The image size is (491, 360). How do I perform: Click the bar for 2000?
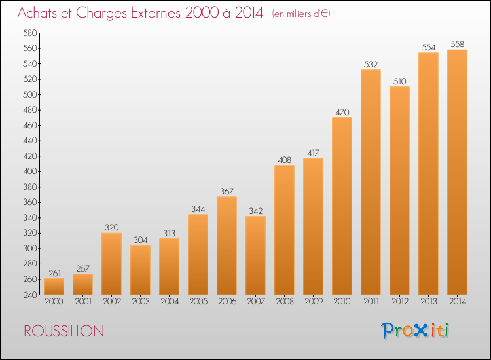pos(54,287)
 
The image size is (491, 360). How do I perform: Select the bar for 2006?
pos(227,245)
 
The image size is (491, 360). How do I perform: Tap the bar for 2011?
pos(371,182)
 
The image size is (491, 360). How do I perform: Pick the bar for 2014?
pos(457,172)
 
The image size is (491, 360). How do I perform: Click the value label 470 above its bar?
pos(342,112)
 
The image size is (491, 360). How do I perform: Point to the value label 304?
pos(141,240)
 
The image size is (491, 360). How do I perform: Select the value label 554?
pos(428,47)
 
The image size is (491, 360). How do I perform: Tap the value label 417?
pos(313,153)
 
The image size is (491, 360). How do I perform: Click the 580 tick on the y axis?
pos(30,33)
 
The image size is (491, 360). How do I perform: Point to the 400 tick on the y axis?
pos(30,171)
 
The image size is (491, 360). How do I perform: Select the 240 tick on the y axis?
pos(30,295)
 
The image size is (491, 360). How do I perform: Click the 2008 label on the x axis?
pos(285,302)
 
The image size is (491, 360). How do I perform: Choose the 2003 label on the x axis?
pos(141,302)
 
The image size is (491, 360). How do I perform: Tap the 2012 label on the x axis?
pos(400,302)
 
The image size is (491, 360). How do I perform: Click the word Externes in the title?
pos(156,13)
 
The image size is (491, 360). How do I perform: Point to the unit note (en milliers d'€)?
pos(301,14)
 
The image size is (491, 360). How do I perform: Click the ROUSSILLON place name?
pos(64,331)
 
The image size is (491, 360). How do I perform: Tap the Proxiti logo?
pos(414,331)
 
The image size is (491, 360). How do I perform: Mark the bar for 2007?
pos(255,255)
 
